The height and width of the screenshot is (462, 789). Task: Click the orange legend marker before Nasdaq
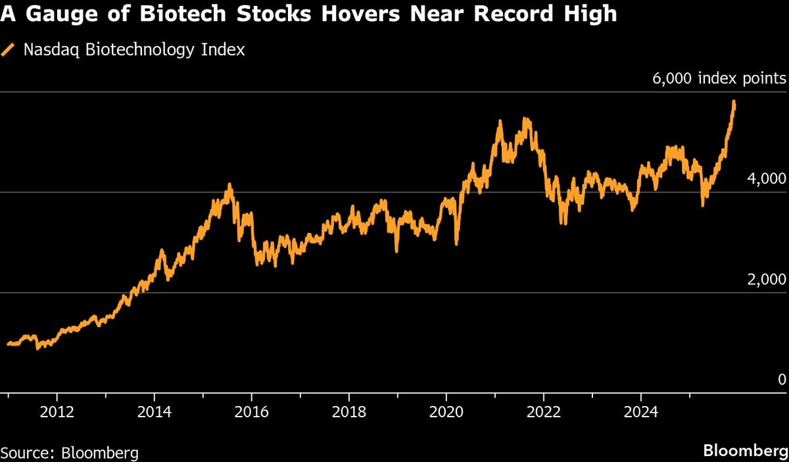9,50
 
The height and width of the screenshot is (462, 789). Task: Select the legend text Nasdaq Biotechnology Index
134,50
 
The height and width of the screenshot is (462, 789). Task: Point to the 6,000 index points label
719,79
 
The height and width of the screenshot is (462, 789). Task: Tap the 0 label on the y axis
781,380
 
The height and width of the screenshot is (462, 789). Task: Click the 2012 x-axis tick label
57,413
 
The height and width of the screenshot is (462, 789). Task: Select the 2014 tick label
154,413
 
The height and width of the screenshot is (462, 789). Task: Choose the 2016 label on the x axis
251,413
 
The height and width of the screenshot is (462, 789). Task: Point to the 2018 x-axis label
348,413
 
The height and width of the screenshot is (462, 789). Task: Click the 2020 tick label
446,413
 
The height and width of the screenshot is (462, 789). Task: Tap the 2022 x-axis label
543,413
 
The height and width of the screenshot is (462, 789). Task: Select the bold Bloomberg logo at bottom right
746,451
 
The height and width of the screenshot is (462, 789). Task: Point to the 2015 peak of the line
229,185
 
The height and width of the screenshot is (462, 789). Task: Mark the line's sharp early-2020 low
456,244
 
